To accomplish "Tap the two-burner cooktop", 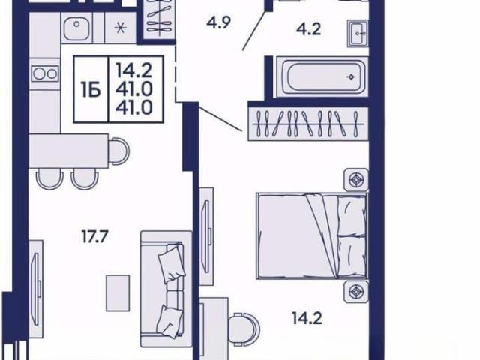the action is click(x=45, y=73).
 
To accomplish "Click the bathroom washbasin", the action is click(x=358, y=33).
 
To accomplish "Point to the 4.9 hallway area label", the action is click(x=218, y=22).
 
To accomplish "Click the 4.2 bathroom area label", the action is click(x=308, y=30).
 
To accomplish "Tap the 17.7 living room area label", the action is click(x=95, y=236).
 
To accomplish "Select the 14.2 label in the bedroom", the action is click(x=307, y=319).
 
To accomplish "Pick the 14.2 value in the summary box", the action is click(x=134, y=70).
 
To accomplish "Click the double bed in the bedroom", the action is click(x=312, y=235).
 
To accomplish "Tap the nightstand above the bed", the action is click(x=356, y=180).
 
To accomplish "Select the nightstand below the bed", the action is click(x=356, y=291).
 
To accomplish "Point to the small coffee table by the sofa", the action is click(x=118, y=293).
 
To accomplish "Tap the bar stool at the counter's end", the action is click(x=119, y=151).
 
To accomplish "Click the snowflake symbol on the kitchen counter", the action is click(x=120, y=28).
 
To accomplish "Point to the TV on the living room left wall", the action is click(x=37, y=289).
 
